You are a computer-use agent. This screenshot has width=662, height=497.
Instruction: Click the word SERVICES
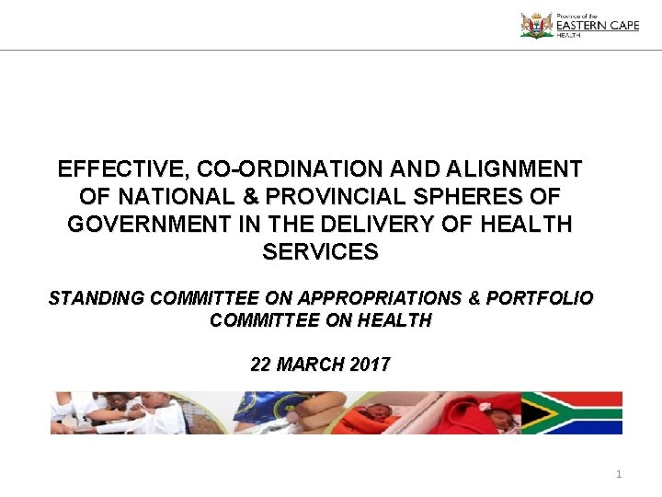tap(320, 251)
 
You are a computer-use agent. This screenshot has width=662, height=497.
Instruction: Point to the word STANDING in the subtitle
tap(97, 299)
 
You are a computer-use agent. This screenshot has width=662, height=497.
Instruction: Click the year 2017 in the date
tap(370, 364)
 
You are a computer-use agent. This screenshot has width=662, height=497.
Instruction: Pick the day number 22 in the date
tap(262, 364)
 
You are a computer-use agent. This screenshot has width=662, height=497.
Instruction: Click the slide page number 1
tap(619, 474)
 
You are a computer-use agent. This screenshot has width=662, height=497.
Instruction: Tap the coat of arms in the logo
tap(536, 25)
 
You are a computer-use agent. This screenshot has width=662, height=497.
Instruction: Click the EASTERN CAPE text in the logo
tap(597, 27)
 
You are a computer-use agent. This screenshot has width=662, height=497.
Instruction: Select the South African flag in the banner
tap(571, 413)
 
